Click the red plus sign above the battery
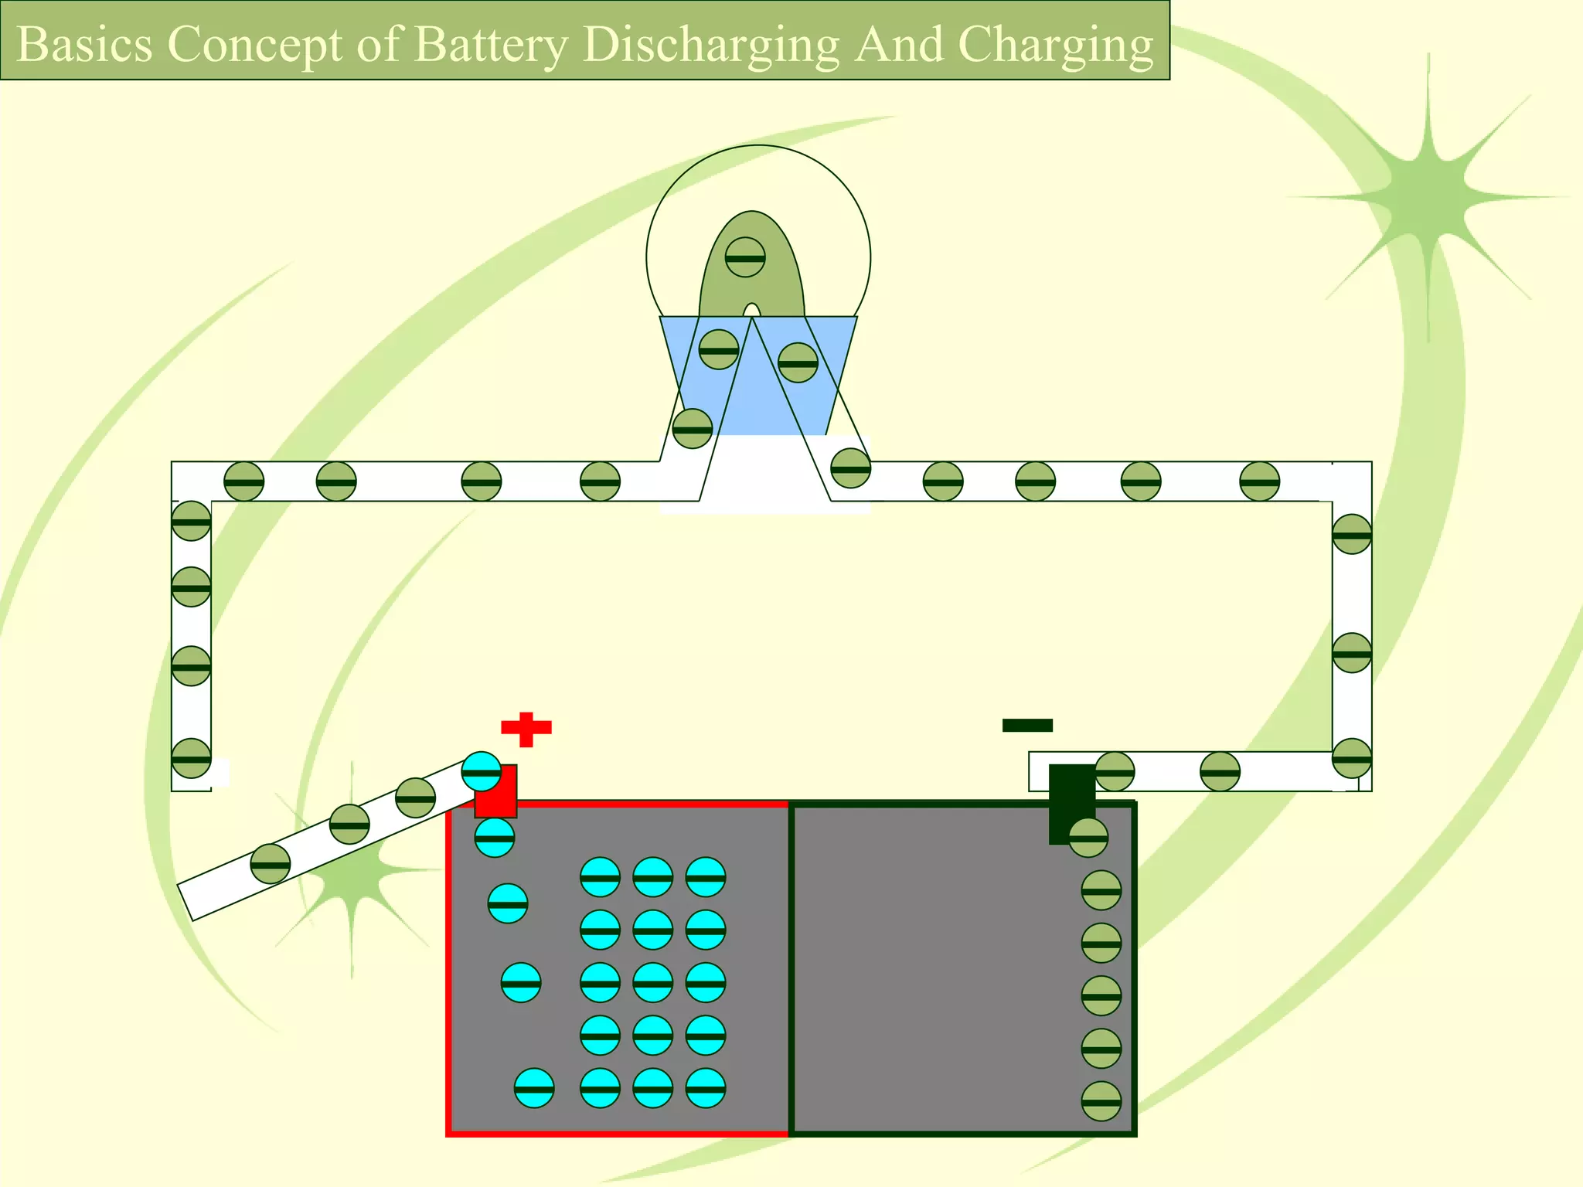pyautogui.click(x=526, y=728)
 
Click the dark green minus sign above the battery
pyautogui.click(x=1027, y=725)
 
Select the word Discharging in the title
pyautogui.click(x=711, y=45)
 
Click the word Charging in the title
pyautogui.click(x=1056, y=45)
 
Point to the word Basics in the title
pyautogui.click(x=84, y=45)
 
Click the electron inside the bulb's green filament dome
pyautogui.click(x=745, y=257)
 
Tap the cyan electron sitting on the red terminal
pyautogui.click(x=482, y=771)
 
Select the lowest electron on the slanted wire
pyautogui.click(x=271, y=864)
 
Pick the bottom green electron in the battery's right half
pyautogui.click(x=1101, y=1101)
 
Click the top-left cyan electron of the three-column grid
pyautogui.click(x=600, y=877)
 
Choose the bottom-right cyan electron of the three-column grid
pyautogui.click(x=705, y=1088)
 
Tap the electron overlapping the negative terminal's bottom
pyautogui.click(x=1088, y=838)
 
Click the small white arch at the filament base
pyautogui.click(x=751, y=311)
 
